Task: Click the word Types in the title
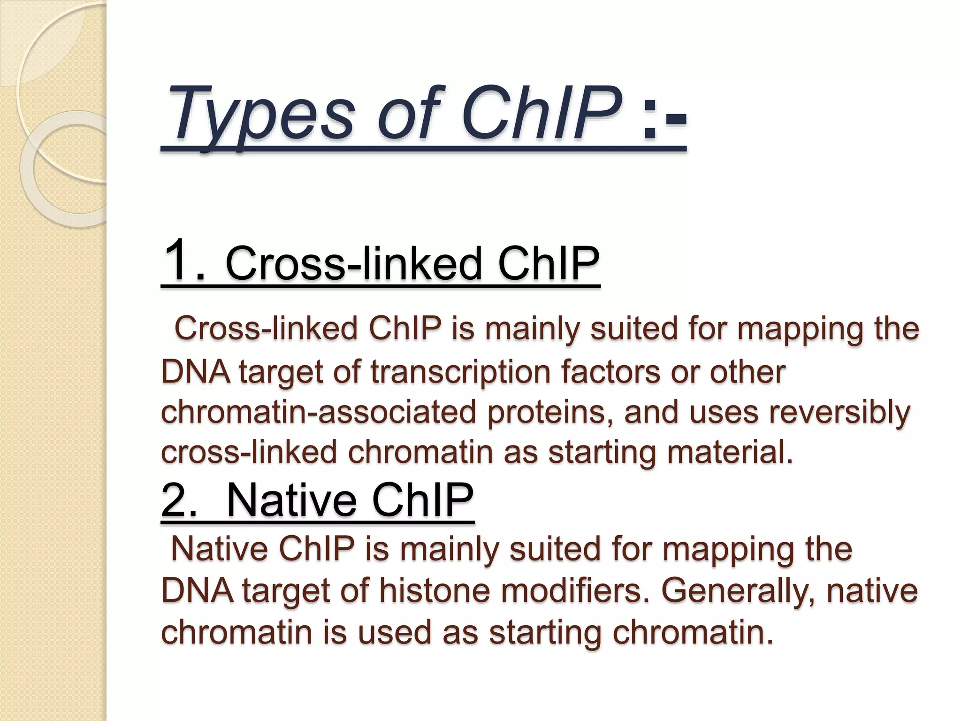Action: [263, 115]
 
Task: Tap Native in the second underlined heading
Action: [291, 501]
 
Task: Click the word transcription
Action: [460, 372]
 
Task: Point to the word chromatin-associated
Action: [319, 412]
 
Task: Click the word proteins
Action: [550, 412]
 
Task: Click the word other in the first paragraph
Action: [747, 372]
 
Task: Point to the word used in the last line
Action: [394, 631]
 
